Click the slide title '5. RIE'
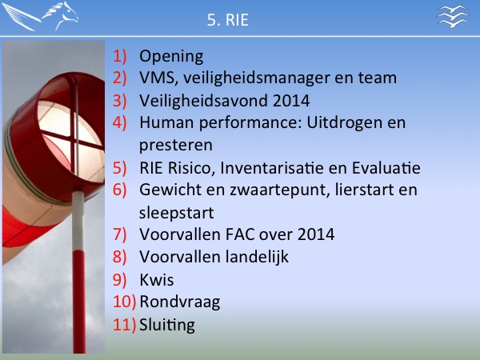tap(228, 20)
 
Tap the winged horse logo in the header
tap(40, 16)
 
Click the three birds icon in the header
tap(453, 16)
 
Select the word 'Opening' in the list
tap(171, 57)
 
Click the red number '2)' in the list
tap(120, 78)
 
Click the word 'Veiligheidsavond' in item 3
tap(203, 101)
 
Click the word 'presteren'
tap(176, 145)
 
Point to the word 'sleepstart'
tap(176, 213)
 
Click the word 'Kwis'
tap(157, 280)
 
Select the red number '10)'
tap(124, 302)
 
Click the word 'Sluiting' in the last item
tap(167, 325)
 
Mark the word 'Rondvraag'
tap(180, 302)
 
